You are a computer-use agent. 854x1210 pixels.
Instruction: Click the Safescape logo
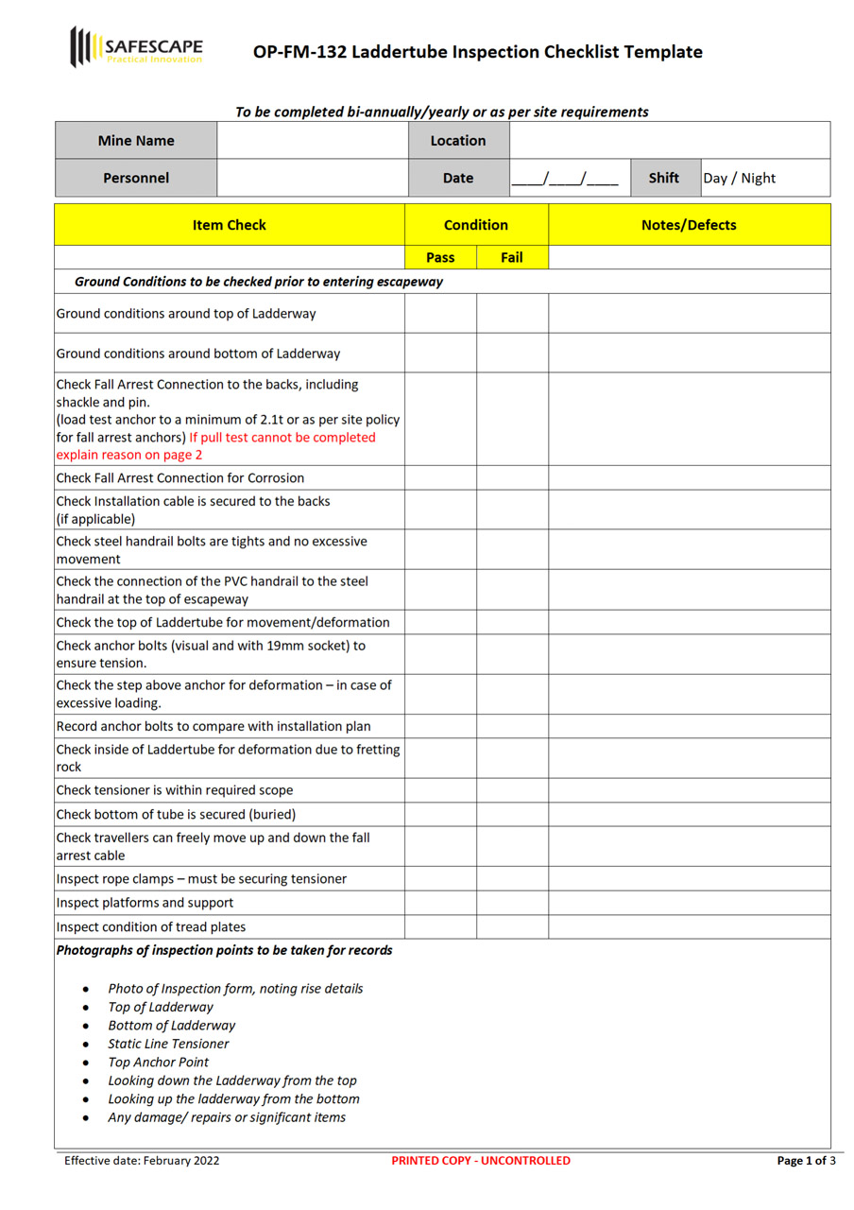135,47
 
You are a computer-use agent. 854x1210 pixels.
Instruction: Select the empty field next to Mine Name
313,141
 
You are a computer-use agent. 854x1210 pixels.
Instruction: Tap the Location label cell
458,141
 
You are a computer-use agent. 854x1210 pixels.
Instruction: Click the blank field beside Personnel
313,178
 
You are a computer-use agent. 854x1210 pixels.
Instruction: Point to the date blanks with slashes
565,178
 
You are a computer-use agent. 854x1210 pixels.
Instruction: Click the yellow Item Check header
230,225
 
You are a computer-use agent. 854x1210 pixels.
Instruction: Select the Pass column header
440,257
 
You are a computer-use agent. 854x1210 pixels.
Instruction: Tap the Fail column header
512,257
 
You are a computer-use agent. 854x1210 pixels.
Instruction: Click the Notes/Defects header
689,225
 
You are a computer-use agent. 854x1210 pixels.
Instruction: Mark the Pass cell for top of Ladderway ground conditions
440,313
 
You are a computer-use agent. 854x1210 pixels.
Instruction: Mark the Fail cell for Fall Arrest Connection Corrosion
512,478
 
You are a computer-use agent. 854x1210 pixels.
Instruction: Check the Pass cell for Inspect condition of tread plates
440,926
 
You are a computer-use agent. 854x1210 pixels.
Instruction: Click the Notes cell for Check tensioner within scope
689,790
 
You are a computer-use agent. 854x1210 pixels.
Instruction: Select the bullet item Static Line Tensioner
168,1044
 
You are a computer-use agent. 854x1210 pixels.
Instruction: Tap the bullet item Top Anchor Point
158,1062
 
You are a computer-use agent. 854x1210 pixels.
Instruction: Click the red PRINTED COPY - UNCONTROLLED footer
481,1161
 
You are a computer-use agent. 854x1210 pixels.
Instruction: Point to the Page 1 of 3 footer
805,1161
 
